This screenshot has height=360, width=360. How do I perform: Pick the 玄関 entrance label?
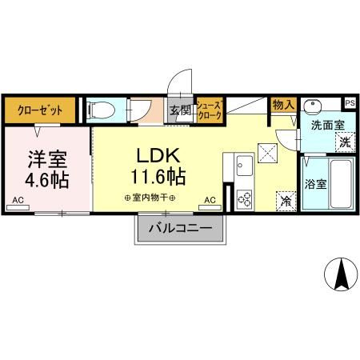click(180, 110)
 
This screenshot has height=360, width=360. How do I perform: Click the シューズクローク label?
click(209, 110)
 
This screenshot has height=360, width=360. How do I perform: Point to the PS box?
click(350, 102)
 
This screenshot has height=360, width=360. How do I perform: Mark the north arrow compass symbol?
click(340, 276)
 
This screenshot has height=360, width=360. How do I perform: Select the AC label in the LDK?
click(210, 200)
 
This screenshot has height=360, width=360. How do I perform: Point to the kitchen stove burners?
click(244, 197)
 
